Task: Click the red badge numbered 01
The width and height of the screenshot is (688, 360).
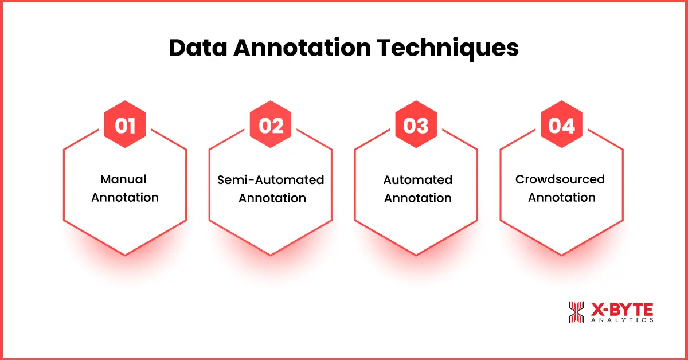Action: point(124,125)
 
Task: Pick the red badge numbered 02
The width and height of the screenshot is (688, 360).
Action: point(271,125)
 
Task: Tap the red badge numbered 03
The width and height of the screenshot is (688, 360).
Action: point(416,125)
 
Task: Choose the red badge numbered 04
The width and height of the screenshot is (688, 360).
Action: point(562,125)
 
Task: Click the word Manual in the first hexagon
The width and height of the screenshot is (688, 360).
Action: point(124,179)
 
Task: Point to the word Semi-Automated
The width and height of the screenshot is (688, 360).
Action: point(271,180)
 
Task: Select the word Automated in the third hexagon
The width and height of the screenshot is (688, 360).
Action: point(417,180)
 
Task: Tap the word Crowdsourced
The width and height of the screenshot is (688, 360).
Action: point(560,179)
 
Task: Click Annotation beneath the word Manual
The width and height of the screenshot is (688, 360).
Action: point(125,198)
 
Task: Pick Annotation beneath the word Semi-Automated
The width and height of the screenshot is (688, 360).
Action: point(272,198)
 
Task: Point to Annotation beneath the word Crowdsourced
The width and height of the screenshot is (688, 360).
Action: point(562,198)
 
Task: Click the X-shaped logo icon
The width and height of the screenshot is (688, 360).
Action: point(576,311)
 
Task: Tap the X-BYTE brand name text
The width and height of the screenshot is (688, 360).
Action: point(621,308)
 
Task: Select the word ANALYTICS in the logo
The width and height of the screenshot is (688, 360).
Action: point(621,320)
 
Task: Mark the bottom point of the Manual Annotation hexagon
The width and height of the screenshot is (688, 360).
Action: point(124,255)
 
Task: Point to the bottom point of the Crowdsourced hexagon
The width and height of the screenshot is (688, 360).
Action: point(562,255)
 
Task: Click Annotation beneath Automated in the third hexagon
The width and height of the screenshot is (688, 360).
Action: point(417,198)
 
